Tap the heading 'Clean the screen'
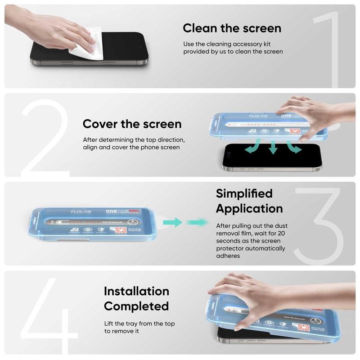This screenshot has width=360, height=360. click(x=232, y=28)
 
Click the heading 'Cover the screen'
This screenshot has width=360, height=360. click(x=132, y=124)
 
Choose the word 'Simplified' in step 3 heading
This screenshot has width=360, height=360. click(x=244, y=193)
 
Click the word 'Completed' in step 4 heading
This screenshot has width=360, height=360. click(x=136, y=306)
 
